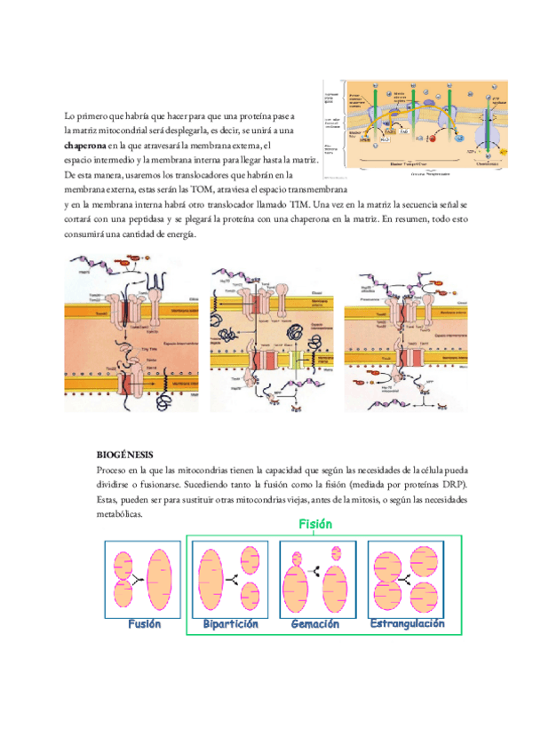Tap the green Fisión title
coord(315,525)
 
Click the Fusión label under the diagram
coord(144,624)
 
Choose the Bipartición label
coord(229,624)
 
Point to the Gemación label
coord(315,624)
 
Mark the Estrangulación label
coord(407,624)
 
